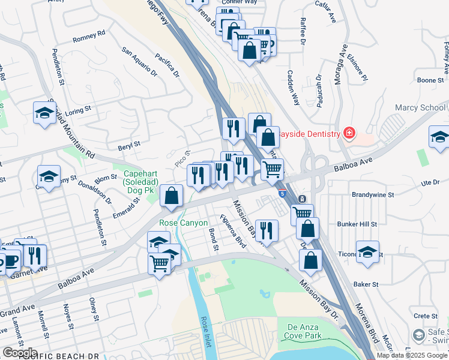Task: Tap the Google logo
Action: [x=20, y=353]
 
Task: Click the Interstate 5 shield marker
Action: [x=282, y=193]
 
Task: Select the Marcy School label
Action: [x=420, y=108]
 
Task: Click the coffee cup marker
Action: [x=10, y=259]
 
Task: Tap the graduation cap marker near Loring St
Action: [x=45, y=113]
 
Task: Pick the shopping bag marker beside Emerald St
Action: [x=172, y=196]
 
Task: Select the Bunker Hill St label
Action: [x=356, y=224]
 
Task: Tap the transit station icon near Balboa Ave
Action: [x=303, y=199]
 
